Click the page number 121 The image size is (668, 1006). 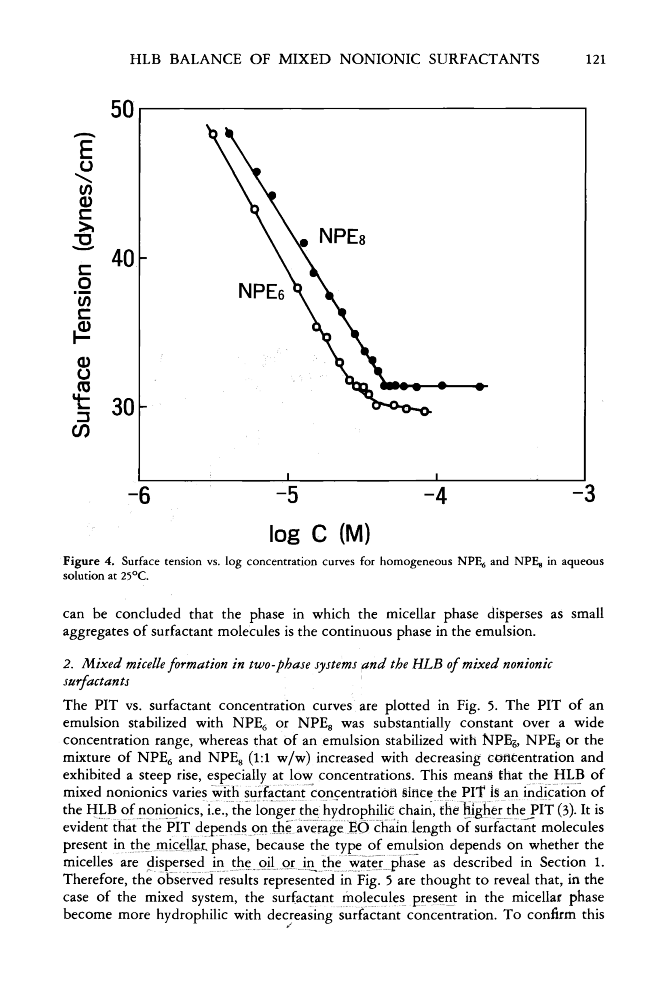[x=595, y=59]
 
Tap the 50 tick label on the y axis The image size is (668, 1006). [x=122, y=110]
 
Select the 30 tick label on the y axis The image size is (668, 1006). [x=123, y=408]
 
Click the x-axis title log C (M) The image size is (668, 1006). [x=320, y=533]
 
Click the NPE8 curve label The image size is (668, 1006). [x=342, y=237]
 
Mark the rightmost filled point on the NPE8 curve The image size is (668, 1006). [x=480, y=386]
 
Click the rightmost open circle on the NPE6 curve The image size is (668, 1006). [x=424, y=412]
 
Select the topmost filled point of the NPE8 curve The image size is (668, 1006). [x=229, y=134]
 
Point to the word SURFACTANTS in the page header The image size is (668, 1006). [x=484, y=59]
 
